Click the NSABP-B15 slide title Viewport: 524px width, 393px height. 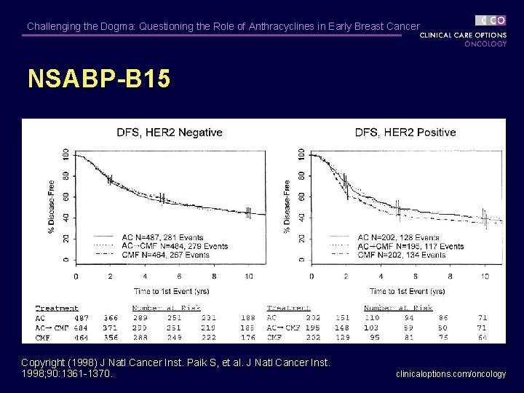99,79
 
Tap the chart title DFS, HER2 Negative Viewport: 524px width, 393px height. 170,132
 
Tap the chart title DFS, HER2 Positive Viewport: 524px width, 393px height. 405,132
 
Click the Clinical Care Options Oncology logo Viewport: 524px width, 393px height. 464,31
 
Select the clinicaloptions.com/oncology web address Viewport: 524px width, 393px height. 450,374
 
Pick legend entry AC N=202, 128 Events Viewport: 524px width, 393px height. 398,237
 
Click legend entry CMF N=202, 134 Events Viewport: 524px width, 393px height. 401,255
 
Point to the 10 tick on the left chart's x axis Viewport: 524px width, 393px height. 248,277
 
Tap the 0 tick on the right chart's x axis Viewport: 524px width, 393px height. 311,277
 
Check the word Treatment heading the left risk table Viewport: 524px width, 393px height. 57,309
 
